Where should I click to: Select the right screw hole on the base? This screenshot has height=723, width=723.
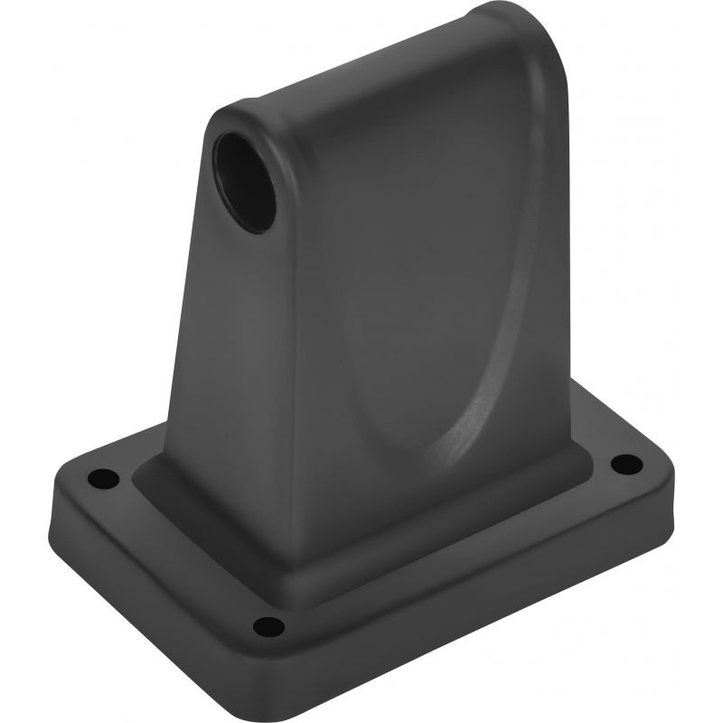pos(621,465)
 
